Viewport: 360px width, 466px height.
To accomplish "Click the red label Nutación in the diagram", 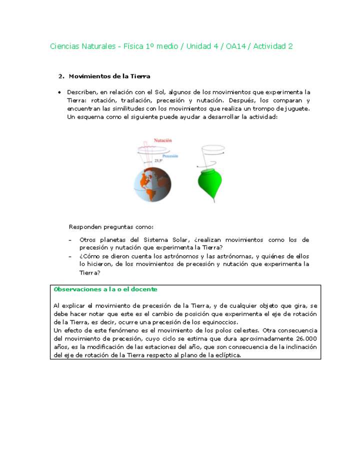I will pos(164,141).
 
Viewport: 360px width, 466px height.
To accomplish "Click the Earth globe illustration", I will pos(152,183).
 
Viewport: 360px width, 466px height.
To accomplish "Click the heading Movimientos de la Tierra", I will pos(109,76).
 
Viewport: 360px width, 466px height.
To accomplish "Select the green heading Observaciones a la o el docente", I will pos(105,289).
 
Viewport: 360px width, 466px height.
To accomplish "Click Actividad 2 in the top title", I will pos(273,46).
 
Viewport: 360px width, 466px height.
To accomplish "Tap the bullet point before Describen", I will pos(59,92).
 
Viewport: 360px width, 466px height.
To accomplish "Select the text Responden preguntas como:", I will pos(107,226).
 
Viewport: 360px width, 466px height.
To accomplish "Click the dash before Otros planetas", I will pos(70,240).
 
